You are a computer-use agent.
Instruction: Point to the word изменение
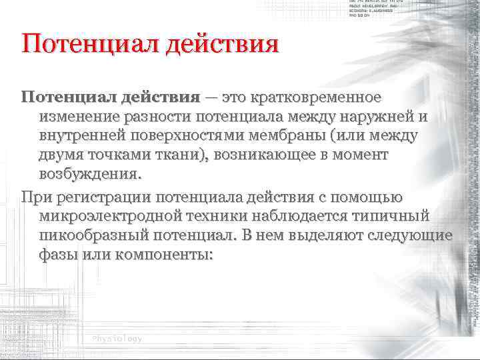(79, 117)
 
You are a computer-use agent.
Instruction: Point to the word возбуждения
(89, 175)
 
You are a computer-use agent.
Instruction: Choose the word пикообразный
(99, 236)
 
